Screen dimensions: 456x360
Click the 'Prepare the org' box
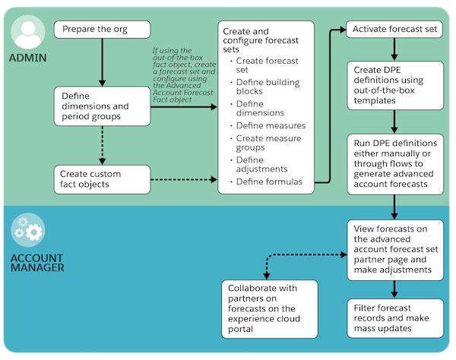pos(102,30)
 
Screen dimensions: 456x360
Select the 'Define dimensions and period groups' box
pos(102,106)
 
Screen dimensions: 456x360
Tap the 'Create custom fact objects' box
pos(102,179)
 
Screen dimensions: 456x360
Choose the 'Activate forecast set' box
pos(394,29)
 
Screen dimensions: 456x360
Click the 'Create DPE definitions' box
pos(395,85)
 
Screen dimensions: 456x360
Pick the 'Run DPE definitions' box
pos(395,164)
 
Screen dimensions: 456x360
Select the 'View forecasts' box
pos(395,250)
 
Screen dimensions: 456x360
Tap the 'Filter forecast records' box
pos(395,318)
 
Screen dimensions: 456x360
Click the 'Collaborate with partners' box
pos(270,309)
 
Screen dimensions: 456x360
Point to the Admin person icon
pos(28,32)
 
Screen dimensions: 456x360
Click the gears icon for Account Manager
pos(28,230)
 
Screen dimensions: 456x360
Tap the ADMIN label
pos(27,58)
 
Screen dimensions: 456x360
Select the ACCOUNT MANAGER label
pos(37,263)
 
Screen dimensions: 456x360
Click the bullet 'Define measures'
pos(271,125)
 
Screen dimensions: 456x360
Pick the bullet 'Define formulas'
pos(269,182)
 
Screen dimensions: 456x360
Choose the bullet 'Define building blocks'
pos(268,87)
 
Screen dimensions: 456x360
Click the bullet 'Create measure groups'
pos(269,143)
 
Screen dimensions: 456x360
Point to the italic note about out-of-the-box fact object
pos(184,75)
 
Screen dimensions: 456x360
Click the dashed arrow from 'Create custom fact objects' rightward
pos(184,179)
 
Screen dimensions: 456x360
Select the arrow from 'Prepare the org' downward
pos(102,62)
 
